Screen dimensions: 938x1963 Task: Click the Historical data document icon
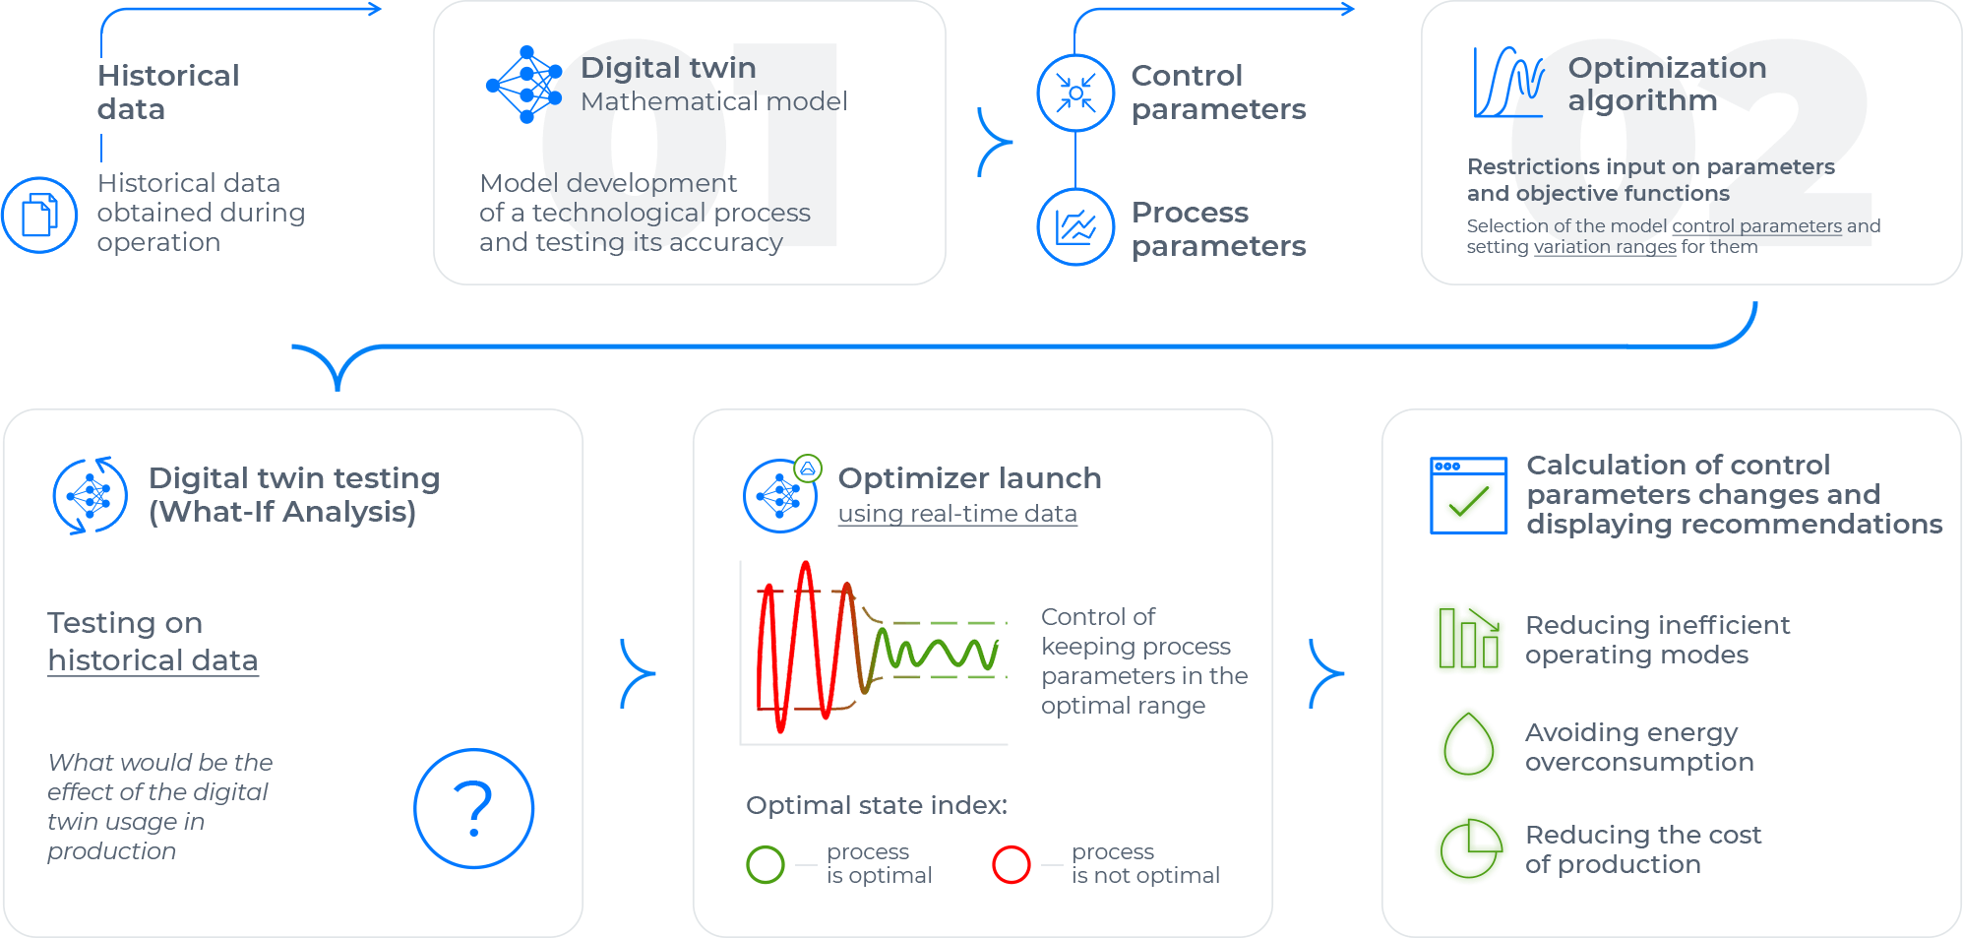(x=39, y=215)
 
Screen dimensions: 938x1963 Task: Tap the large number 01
(x=689, y=143)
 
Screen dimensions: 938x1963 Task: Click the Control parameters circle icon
(x=1075, y=94)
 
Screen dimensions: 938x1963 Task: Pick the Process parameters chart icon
(x=1075, y=227)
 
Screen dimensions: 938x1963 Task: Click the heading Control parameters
(x=1218, y=92)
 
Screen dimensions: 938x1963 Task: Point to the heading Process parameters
(x=1218, y=228)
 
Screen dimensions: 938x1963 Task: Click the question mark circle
(x=473, y=808)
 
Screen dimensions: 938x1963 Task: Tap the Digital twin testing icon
(x=90, y=495)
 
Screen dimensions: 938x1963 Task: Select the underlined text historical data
(x=153, y=660)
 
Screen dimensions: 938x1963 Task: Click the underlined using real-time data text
(x=957, y=514)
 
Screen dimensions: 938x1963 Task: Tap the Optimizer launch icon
(x=780, y=495)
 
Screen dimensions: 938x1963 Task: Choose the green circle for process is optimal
(x=766, y=864)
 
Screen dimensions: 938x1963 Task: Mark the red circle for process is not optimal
(x=1011, y=864)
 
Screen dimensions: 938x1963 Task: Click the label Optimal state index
(x=876, y=805)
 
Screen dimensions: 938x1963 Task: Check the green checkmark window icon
(x=1468, y=495)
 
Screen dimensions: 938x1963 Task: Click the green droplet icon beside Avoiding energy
(x=1468, y=745)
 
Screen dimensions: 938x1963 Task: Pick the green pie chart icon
(x=1470, y=848)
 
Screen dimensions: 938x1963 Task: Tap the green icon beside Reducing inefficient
(x=1468, y=639)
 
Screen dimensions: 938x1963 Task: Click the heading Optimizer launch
(x=969, y=478)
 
